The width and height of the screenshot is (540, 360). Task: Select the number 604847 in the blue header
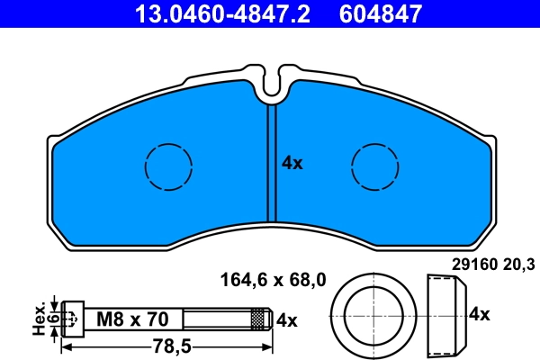tap(380, 13)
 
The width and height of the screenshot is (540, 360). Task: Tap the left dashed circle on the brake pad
tap(168, 166)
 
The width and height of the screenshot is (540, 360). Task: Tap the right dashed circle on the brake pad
tap(375, 166)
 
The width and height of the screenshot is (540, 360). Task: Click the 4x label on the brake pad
tap(292, 163)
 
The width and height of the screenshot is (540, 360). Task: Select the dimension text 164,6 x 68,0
tap(273, 280)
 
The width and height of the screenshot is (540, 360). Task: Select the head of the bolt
tap(73, 319)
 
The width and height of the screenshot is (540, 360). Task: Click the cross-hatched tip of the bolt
tap(260, 319)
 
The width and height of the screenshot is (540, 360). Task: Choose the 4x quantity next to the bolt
tap(286, 319)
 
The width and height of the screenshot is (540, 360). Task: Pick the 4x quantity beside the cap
tap(479, 314)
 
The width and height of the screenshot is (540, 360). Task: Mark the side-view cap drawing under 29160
tap(445, 314)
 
